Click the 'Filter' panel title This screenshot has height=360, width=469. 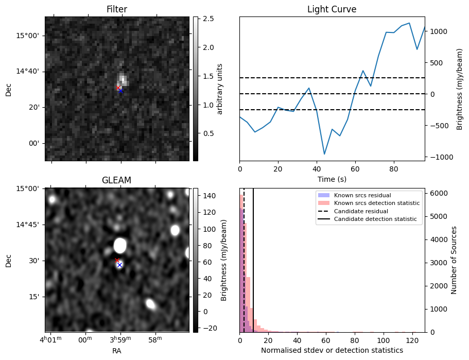point(117,9)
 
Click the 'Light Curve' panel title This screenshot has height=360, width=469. point(332,9)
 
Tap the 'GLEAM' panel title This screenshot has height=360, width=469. point(117,180)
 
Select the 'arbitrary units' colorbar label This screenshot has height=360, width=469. point(220,89)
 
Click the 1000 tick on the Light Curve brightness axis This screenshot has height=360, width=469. point(438,31)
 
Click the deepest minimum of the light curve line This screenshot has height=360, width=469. point(324,154)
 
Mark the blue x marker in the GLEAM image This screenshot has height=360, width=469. point(119,265)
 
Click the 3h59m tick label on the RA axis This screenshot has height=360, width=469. point(120,339)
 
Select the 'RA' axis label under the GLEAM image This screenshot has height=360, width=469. point(117,351)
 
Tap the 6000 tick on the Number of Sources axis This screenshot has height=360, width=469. point(437,193)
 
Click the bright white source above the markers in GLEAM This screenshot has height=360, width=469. point(120,245)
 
